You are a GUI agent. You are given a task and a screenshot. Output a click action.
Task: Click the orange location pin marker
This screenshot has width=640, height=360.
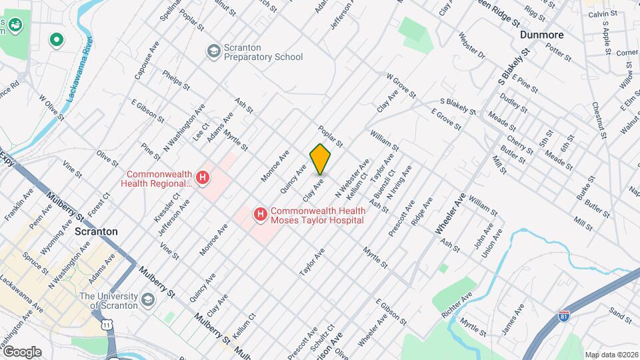[x=321, y=158]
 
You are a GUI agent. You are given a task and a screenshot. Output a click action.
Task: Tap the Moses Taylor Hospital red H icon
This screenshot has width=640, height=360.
[x=261, y=215]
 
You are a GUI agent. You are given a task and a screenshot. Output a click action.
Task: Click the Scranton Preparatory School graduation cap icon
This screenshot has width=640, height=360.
[x=213, y=52]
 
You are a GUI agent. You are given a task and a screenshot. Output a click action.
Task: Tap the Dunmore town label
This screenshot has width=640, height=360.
[x=541, y=35]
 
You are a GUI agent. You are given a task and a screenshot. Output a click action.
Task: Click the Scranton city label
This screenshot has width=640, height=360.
[x=96, y=231]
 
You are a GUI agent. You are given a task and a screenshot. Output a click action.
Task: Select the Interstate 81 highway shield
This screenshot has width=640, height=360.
[x=565, y=313]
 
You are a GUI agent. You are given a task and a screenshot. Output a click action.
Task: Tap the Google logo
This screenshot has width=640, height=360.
[x=22, y=352]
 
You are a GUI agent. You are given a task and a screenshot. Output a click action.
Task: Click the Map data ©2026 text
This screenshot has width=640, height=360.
[x=611, y=355]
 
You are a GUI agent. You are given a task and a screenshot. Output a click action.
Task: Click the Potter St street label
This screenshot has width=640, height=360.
[x=559, y=52]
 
